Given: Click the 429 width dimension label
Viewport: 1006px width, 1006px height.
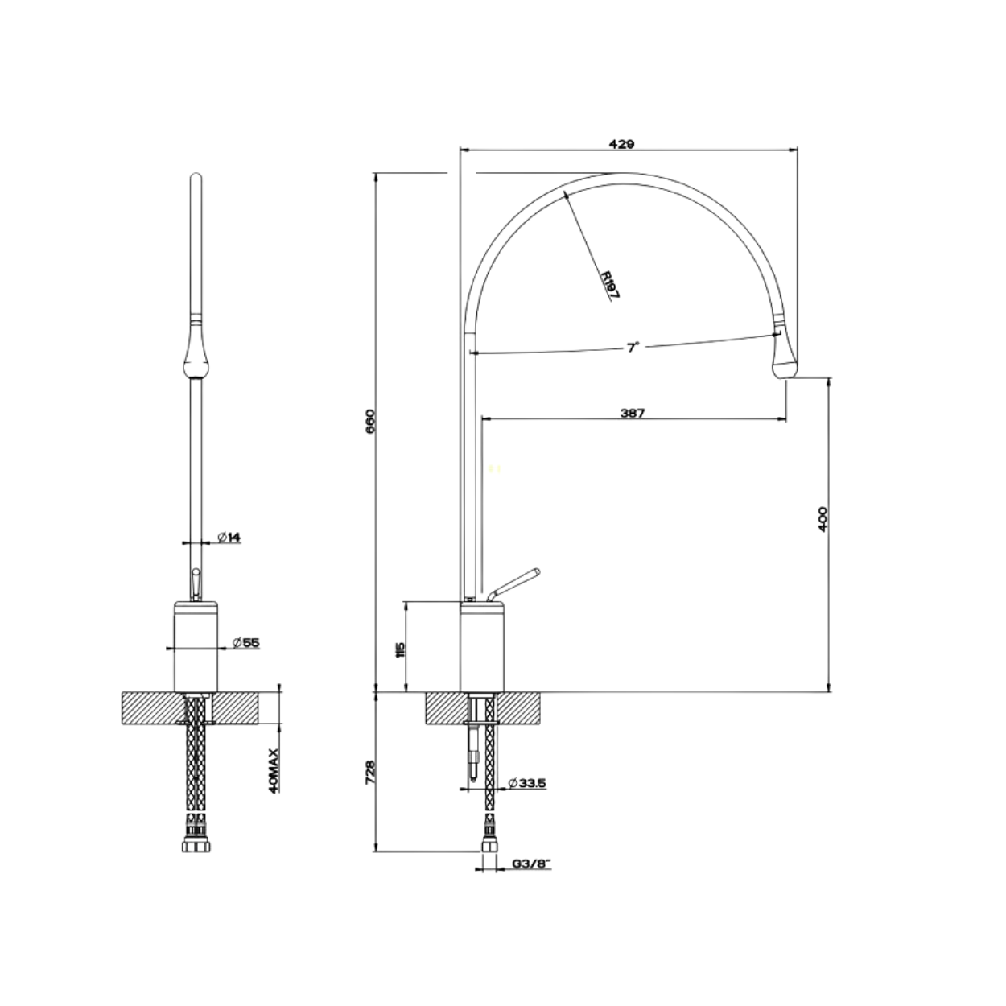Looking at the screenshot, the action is (x=622, y=143).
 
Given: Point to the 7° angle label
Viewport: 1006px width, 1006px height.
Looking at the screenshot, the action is (x=633, y=347).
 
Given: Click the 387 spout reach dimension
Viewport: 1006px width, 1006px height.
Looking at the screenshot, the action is (x=633, y=413).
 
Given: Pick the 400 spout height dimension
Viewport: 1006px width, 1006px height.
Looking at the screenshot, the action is (x=823, y=518).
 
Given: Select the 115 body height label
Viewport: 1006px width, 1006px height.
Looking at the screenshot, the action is (x=401, y=649).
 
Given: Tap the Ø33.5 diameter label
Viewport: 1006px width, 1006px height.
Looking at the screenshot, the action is (x=526, y=798).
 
